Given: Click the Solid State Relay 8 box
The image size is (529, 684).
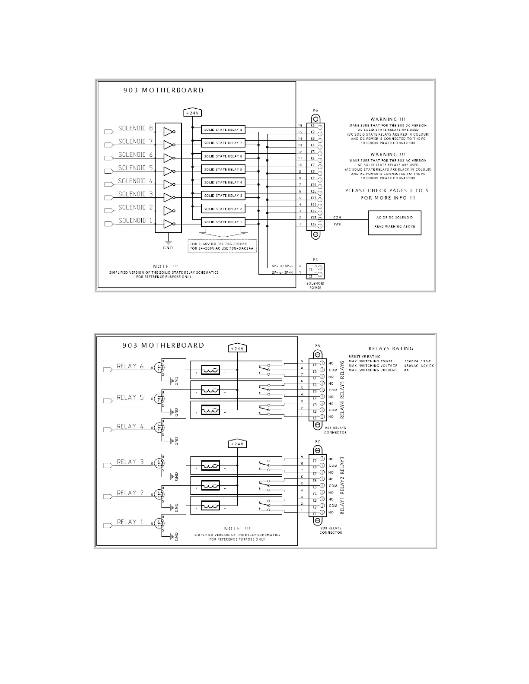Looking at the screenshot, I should tap(223, 130).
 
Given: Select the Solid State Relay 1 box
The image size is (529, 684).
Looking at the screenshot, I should tap(223, 222).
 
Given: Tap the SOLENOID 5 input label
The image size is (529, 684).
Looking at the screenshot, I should tap(135, 168).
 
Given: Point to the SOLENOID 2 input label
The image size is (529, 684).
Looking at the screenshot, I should tap(135, 207).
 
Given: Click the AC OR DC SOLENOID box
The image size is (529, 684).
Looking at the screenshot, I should tap(394, 222).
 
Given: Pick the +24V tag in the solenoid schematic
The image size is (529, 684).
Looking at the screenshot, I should tap(192, 113).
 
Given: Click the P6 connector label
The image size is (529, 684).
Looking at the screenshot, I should tap(315, 111).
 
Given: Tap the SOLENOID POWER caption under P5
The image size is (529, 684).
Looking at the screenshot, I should tap(315, 285).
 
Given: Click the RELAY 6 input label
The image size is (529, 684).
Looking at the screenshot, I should tap(130, 366).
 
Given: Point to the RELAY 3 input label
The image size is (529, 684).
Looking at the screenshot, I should tap(130, 462).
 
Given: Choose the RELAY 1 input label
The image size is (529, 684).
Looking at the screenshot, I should tap(130, 522).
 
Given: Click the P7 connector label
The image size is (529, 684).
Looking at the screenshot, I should tap(317, 441).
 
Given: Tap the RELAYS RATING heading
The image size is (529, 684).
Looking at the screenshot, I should tap(391, 348).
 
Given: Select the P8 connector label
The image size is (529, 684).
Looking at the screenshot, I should tap(317, 345).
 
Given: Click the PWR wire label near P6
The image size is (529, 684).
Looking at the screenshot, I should tap(338, 224).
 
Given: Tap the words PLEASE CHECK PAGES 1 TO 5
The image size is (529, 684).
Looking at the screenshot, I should tap(386, 190).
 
